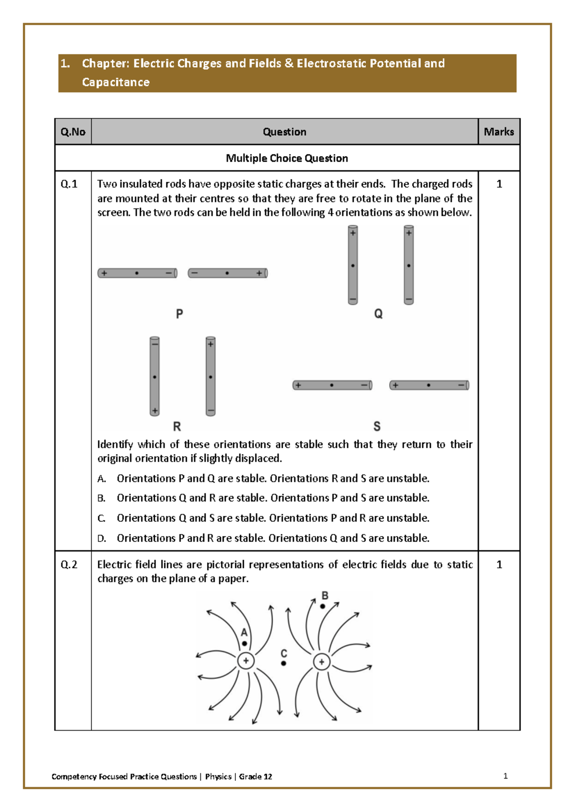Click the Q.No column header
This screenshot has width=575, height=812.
(73, 132)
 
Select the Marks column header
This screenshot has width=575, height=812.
(499, 132)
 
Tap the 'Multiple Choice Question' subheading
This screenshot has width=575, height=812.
(287, 158)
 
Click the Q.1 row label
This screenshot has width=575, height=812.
(69, 184)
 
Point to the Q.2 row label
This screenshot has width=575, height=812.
(69, 564)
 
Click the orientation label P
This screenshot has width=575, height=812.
(179, 314)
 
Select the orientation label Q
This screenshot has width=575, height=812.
(378, 314)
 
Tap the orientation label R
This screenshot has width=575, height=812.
(177, 426)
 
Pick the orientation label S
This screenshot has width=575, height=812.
(377, 426)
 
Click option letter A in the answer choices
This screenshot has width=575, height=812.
(101, 479)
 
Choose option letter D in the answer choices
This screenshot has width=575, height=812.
(101, 539)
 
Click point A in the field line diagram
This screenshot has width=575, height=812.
(244, 643)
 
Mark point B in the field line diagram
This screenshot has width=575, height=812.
(323, 606)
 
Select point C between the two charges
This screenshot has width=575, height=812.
(284, 663)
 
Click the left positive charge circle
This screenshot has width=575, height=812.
(246, 661)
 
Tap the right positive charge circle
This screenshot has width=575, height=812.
(322, 662)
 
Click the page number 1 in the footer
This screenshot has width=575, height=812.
(506, 776)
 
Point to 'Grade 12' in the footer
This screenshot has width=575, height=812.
(255, 777)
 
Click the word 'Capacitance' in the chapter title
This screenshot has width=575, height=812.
(115, 82)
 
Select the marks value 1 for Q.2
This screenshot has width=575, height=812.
(499, 564)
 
